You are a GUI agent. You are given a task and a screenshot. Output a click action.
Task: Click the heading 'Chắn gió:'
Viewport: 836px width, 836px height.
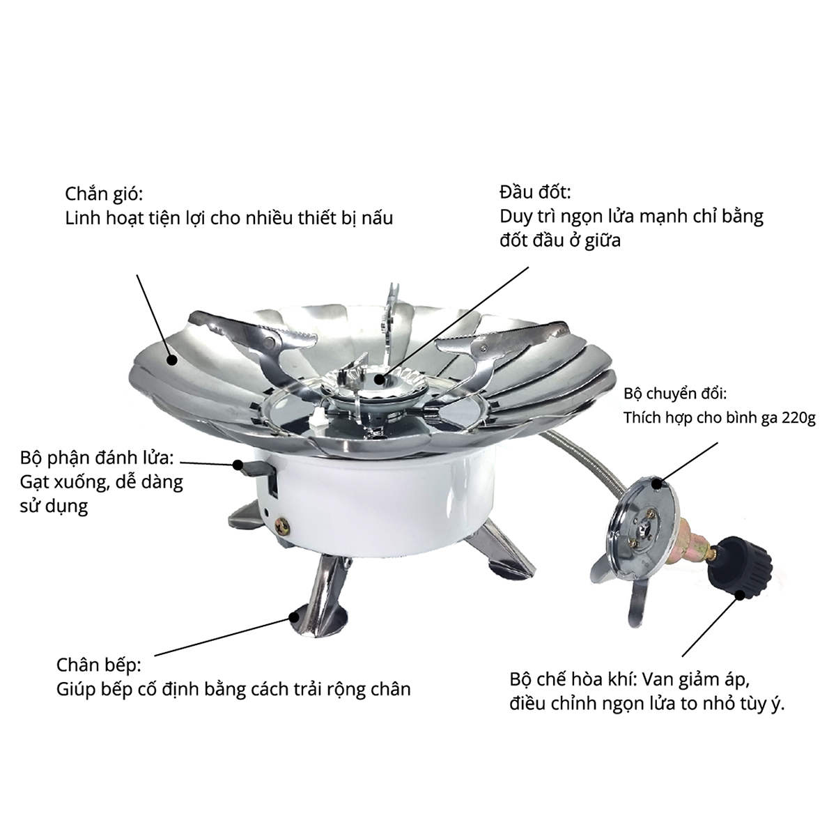[107, 193]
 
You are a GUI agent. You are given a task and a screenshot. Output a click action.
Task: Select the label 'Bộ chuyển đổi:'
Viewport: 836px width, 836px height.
[675, 395]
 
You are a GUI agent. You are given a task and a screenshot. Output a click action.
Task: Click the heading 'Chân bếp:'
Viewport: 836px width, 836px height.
[99, 664]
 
